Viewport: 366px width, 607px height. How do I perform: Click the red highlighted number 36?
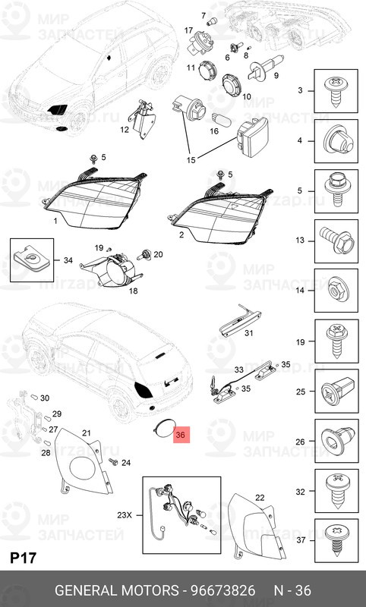point(180,436)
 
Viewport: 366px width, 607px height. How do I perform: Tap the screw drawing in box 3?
point(335,92)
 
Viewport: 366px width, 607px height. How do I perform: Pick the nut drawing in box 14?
point(335,291)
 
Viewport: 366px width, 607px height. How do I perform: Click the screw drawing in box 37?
point(335,540)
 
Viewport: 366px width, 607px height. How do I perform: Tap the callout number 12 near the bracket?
point(124,130)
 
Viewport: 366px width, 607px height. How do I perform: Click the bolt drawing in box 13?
point(335,241)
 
